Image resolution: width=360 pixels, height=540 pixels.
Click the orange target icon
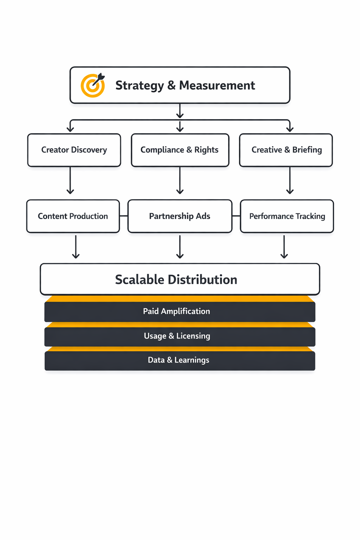(x=92, y=85)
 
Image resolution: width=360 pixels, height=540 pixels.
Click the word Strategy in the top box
(x=140, y=85)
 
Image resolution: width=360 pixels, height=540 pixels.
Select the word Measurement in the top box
(x=217, y=85)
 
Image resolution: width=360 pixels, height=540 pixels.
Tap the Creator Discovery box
(x=74, y=150)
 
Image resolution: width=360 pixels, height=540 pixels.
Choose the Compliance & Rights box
(x=180, y=150)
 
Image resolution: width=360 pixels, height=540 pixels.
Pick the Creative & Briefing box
(x=286, y=150)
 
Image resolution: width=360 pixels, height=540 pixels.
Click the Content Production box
(x=73, y=216)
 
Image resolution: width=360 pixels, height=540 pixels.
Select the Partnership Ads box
(x=180, y=216)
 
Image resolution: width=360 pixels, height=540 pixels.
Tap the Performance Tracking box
(x=287, y=216)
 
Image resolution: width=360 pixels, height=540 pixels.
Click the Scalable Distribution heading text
(x=176, y=279)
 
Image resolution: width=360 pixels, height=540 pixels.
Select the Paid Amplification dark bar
(x=180, y=311)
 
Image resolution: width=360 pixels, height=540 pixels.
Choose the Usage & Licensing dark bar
(x=180, y=336)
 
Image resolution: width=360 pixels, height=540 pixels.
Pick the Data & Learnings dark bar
(x=180, y=360)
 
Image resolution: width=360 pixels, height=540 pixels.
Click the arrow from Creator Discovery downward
(x=70, y=180)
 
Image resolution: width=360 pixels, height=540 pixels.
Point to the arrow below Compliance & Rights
(x=180, y=180)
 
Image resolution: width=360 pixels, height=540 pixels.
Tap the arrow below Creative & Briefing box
(x=290, y=180)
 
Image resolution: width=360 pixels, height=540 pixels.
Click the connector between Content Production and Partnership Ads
(x=124, y=216)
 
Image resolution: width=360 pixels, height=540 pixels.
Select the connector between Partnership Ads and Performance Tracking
(x=236, y=216)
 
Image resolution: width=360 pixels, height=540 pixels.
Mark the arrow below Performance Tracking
(x=284, y=247)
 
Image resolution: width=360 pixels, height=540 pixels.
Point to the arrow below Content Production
(x=76, y=247)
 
